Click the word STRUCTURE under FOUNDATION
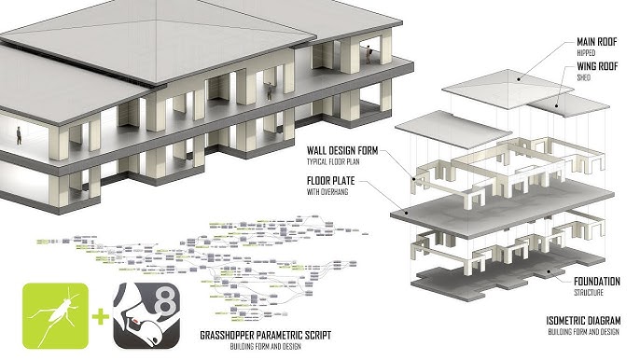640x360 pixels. [571, 293]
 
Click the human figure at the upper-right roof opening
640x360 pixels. [370, 52]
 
